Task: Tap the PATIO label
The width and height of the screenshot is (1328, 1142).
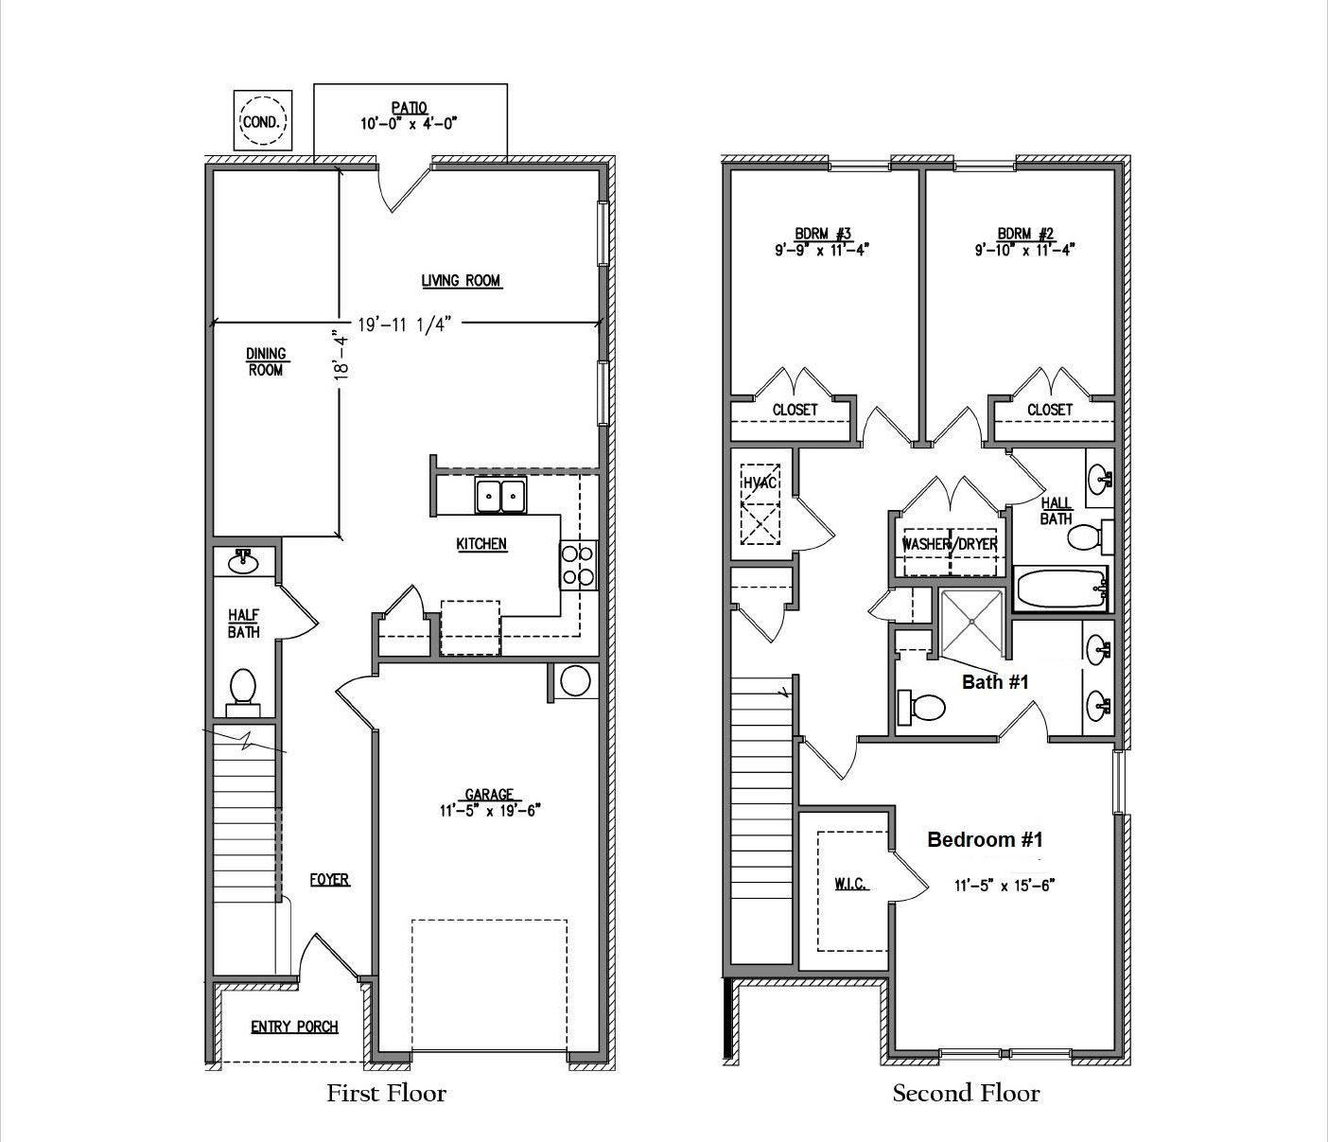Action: [x=410, y=107]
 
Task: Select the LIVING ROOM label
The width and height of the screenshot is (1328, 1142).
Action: [x=461, y=281]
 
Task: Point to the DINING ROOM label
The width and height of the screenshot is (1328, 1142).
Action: [x=266, y=361]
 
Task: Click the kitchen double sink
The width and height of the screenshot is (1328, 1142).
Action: [x=500, y=495]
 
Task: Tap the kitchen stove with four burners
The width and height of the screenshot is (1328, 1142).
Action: [x=579, y=565]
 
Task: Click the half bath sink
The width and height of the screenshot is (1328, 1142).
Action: [x=243, y=562]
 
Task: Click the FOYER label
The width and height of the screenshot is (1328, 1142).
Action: [x=329, y=879]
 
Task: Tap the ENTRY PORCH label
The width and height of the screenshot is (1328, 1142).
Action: [x=295, y=1027]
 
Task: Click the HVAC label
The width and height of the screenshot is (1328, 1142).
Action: [x=760, y=483]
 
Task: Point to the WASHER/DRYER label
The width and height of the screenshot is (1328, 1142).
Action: [x=951, y=544]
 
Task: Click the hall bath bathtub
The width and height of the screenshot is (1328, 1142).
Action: [x=1060, y=588]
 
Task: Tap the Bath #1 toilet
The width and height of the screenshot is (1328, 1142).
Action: [x=921, y=707]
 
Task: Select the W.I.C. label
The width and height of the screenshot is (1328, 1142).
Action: [x=852, y=885]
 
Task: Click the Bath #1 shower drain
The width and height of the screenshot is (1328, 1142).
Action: [x=971, y=622]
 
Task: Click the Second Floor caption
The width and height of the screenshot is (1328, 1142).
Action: [x=966, y=1093]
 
